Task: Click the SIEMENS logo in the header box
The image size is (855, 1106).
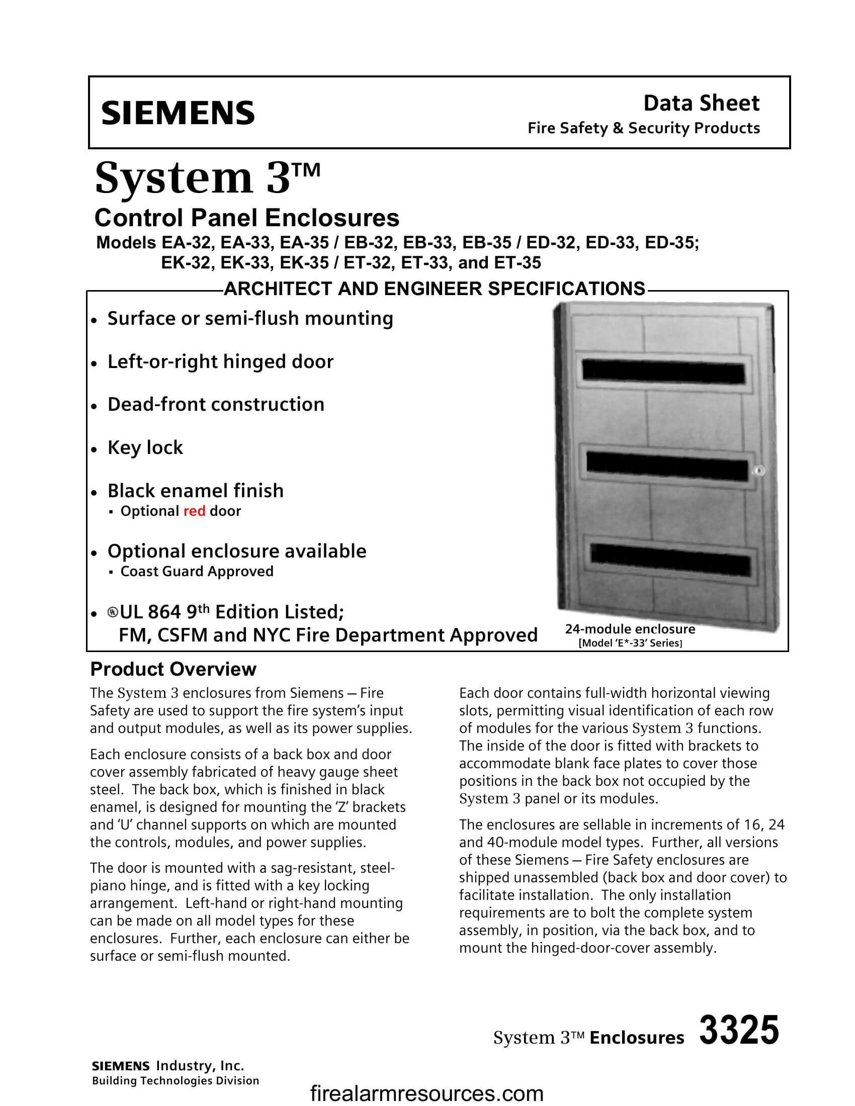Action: tap(178, 113)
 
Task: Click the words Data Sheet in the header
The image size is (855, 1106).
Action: tap(701, 103)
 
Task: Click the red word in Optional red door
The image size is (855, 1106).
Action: tap(194, 511)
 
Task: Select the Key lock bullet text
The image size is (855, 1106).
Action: tap(145, 447)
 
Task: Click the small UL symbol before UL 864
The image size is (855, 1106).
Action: tap(112, 613)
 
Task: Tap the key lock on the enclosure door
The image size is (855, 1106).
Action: tap(759, 471)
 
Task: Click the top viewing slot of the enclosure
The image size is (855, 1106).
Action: tap(663, 372)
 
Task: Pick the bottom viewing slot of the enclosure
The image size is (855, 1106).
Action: tap(669, 566)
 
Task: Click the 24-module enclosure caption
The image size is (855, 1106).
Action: tap(630, 629)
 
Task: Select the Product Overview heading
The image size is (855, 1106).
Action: tap(173, 670)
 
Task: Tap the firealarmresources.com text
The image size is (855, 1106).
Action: tap(426, 1094)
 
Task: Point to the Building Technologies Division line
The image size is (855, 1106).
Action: tap(175, 1081)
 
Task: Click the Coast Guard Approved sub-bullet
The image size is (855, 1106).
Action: tap(197, 571)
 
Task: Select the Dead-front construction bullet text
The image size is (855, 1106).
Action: tap(216, 405)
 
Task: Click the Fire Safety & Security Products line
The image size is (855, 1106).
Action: tap(643, 128)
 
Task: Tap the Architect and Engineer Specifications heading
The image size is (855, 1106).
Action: tap(434, 289)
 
